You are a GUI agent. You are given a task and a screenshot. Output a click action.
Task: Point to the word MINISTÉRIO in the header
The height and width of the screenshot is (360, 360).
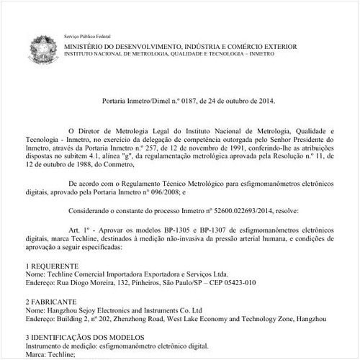click(86, 46)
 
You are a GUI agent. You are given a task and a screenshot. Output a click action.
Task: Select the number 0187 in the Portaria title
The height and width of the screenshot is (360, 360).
click(183, 102)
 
